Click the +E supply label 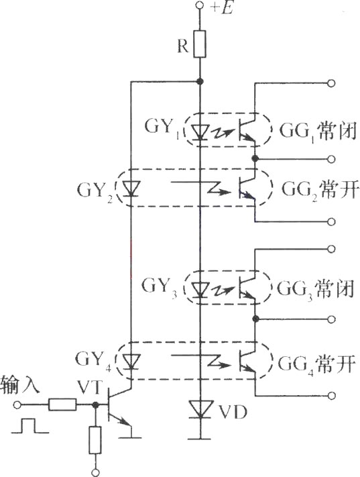[x=223, y=8]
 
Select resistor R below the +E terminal [x=200, y=44]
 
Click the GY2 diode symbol [x=131, y=189]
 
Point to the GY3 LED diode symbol [x=200, y=288]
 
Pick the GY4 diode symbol [x=131, y=362]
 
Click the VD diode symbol [x=200, y=409]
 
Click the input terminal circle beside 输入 [x=17, y=405]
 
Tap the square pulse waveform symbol [x=30, y=425]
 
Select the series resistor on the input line [x=62, y=405]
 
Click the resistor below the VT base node [x=95, y=440]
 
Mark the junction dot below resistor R [x=200, y=81]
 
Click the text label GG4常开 [x=316, y=364]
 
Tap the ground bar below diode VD [x=200, y=439]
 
